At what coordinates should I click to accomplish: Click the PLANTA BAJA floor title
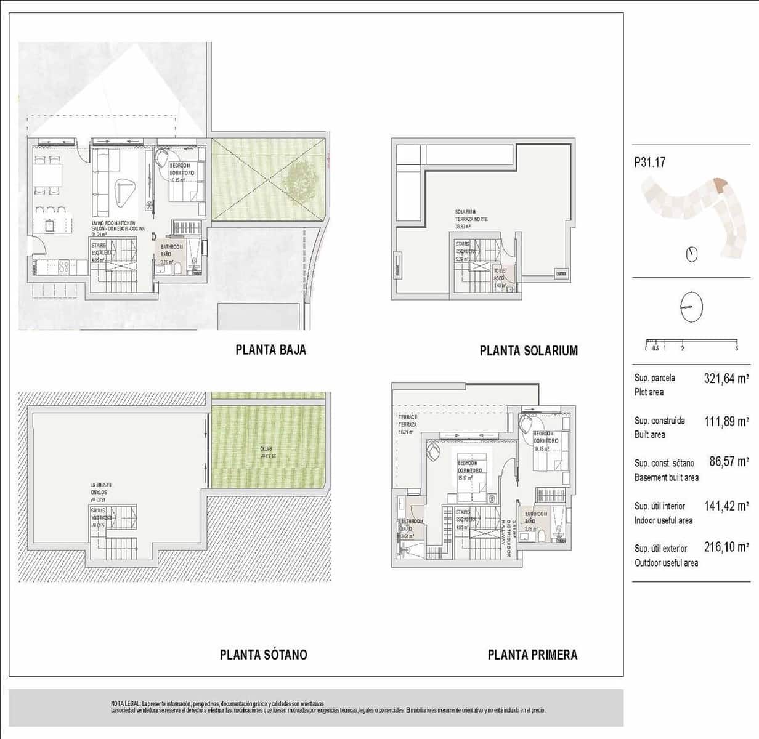click(x=270, y=350)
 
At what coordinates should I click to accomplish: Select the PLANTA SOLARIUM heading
click(x=529, y=351)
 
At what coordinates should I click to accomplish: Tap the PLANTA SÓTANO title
click(x=263, y=655)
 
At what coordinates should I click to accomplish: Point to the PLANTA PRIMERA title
click(x=532, y=655)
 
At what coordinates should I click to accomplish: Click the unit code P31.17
click(x=649, y=163)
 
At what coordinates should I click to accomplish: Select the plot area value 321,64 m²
click(x=726, y=379)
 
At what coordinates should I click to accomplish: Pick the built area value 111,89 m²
click(x=726, y=422)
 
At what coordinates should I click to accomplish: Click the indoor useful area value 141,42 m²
click(x=726, y=506)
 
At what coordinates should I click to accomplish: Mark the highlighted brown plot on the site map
click(x=720, y=184)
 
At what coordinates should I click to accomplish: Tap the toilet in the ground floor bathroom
click(x=177, y=270)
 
